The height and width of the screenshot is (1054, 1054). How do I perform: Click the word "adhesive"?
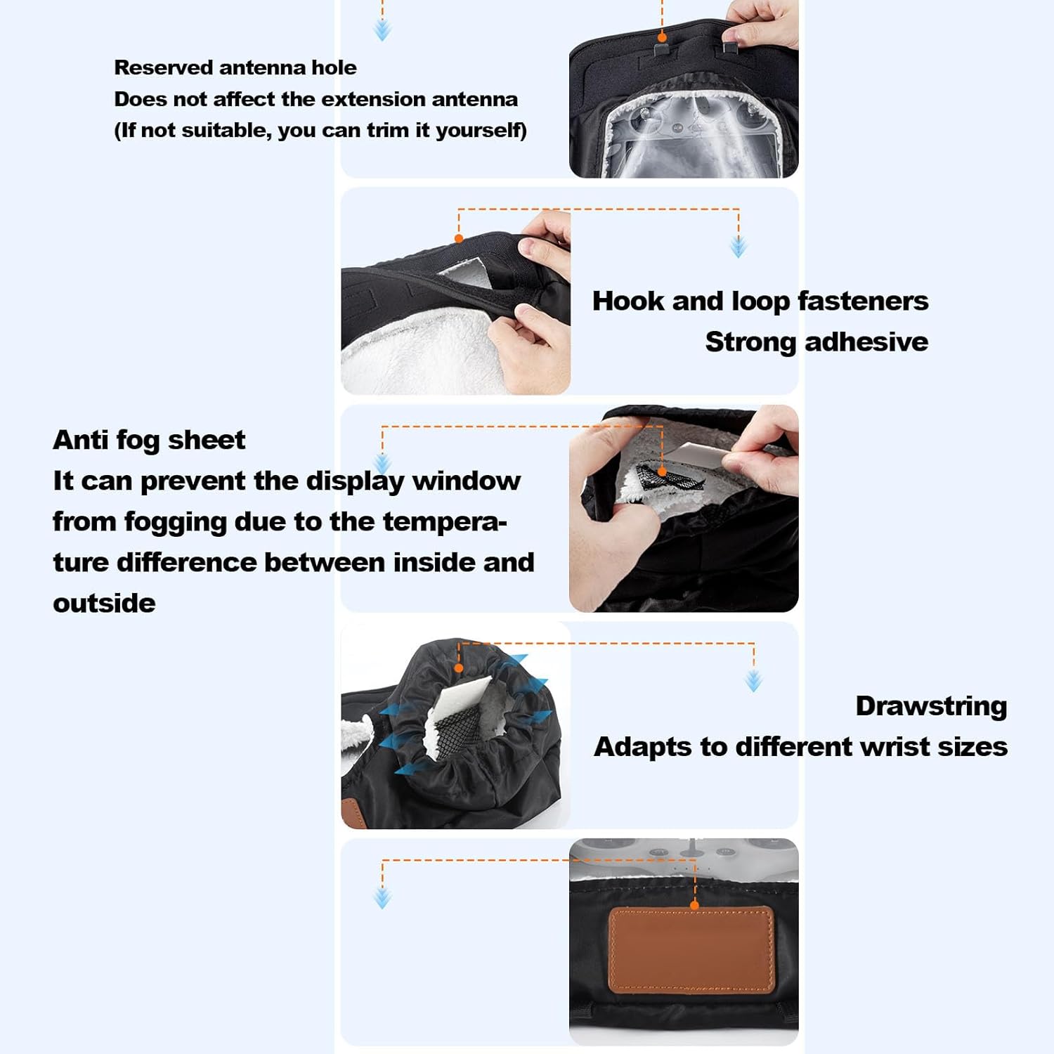pos(866,341)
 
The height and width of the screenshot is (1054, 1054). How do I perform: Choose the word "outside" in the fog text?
pos(104,603)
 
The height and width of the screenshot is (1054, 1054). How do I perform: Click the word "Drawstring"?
pos(931,706)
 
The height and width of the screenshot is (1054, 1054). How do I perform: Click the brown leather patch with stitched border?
pos(691,950)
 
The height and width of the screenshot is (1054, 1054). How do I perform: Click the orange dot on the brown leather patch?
pos(694,906)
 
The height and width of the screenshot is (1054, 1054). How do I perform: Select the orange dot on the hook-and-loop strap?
pos(459,239)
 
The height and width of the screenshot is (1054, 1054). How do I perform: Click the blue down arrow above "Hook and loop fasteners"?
pos(739,247)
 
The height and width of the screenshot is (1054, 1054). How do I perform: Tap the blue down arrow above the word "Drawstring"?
pos(754,681)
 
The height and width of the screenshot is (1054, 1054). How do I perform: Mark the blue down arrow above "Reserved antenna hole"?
pos(382,30)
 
